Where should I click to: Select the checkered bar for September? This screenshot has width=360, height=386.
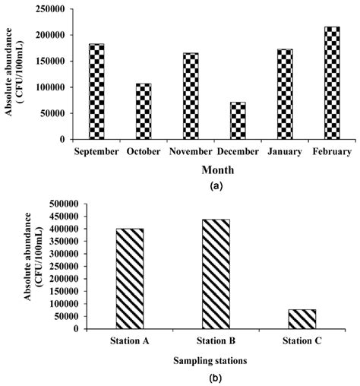click(96, 92)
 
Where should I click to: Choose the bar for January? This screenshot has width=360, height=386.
click(285, 94)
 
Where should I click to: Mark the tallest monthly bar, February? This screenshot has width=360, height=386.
click(332, 83)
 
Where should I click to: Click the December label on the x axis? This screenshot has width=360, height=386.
click(238, 151)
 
